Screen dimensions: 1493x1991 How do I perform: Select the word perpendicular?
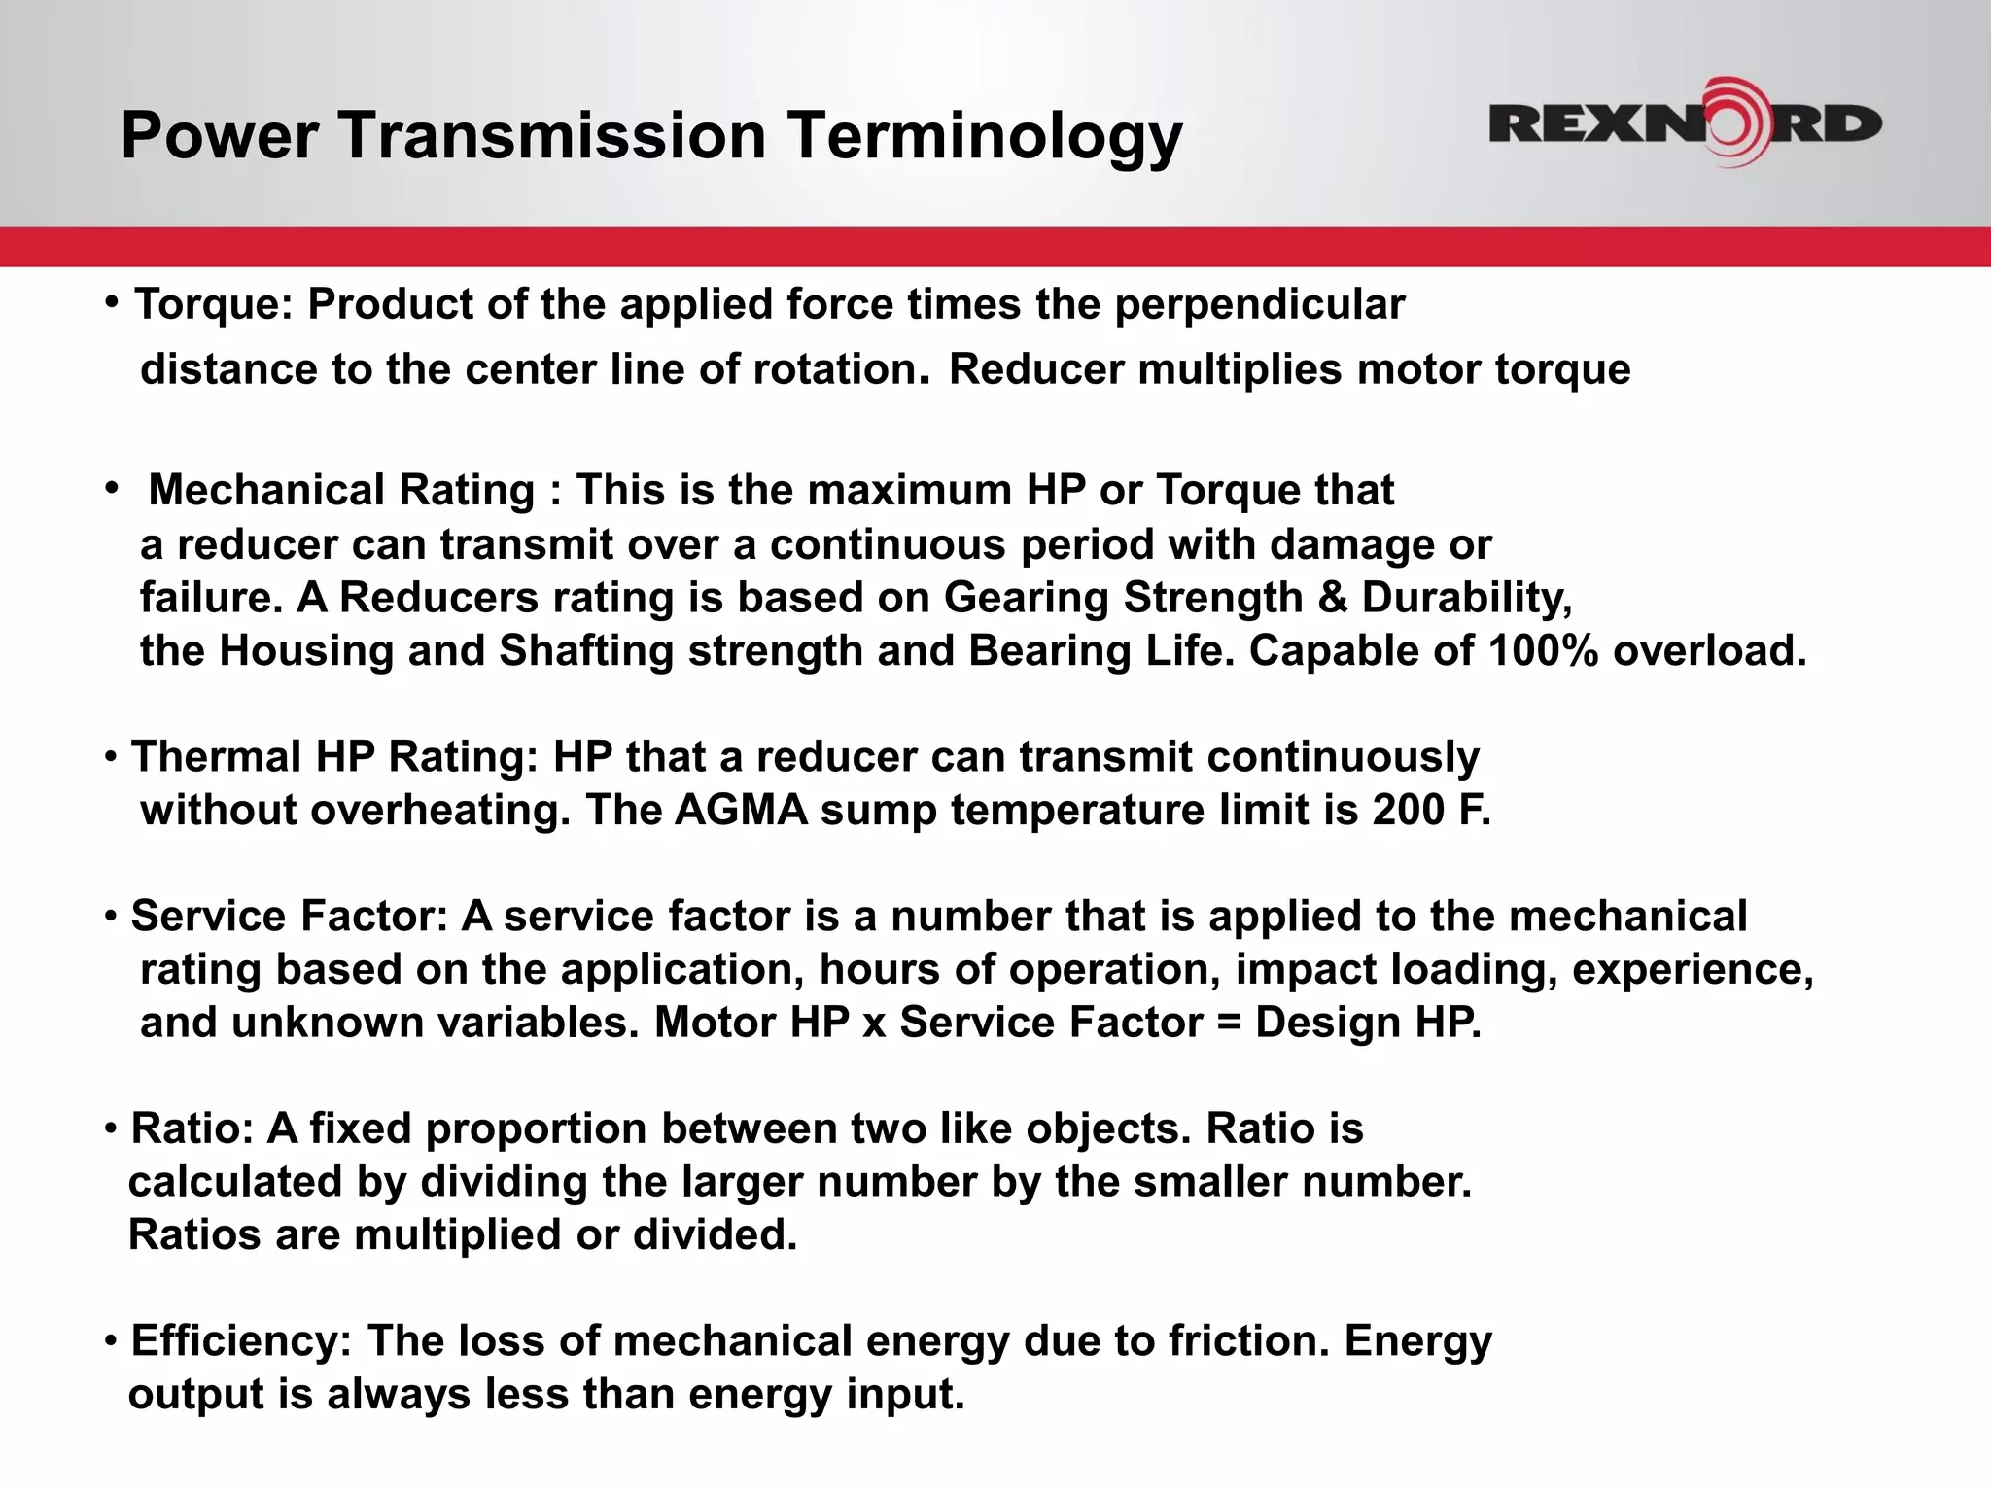pyautogui.click(x=1259, y=306)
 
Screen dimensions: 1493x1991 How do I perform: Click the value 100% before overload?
pyautogui.click(x=1543, y=651)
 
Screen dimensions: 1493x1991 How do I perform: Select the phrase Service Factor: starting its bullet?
pyautogui.click(x=290, y=917)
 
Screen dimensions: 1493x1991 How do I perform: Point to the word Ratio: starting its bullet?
pyautogui.click(x=192, y=1128)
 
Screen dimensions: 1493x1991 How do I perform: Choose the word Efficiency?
pyautogui.click(x=241, y=1341)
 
